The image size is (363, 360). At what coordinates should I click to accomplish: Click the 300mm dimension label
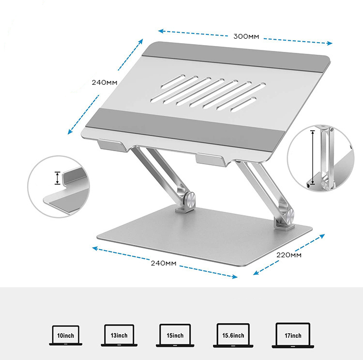click(246, 37)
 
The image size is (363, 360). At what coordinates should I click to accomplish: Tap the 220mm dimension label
click(289, 255)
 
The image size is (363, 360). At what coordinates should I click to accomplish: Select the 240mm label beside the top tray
click(105, 82)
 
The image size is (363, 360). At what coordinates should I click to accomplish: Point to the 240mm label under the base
click(164, 263)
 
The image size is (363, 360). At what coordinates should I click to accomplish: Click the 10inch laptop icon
click(66, 335)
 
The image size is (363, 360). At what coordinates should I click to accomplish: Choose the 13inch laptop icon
click(119, 335)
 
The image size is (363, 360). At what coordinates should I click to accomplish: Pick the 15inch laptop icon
click(175, 335)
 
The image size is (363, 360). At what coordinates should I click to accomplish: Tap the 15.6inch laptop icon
click(233, 335)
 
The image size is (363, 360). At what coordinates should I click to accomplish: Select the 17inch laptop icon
click(293, 335)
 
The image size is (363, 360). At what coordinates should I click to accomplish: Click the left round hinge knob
click(190, 199)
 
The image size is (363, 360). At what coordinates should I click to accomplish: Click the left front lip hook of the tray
click(113, 145)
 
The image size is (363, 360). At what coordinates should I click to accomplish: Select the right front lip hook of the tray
click(211, 160)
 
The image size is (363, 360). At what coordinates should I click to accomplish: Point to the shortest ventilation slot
click(243, 104)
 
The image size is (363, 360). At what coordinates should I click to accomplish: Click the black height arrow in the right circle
click(313, 157)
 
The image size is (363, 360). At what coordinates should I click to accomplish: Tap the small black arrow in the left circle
click(58, 178)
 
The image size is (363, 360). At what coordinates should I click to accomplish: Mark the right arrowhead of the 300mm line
click(330, 43)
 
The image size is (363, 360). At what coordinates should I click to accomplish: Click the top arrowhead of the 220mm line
click(322, 236)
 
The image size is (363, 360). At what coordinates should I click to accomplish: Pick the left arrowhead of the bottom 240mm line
click(95, 249)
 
